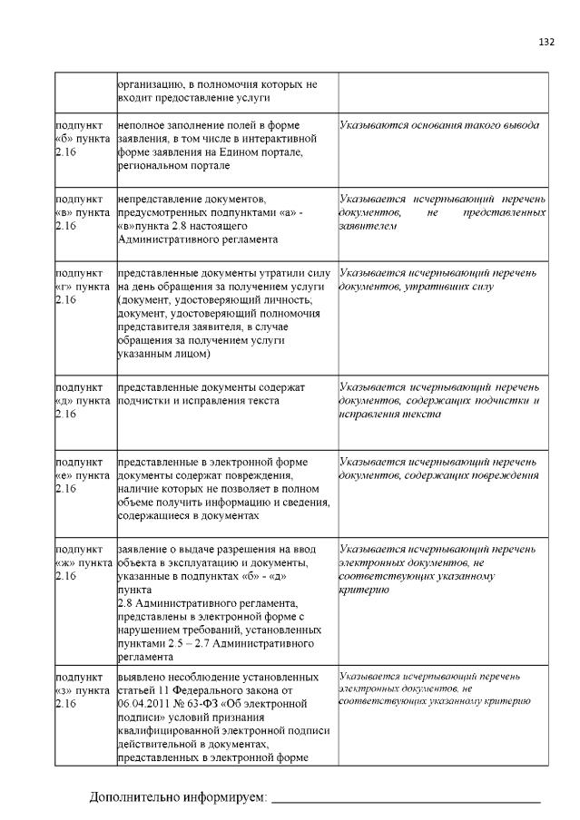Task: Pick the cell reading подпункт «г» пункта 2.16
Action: point(84,286)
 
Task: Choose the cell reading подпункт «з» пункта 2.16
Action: point(84,689)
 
